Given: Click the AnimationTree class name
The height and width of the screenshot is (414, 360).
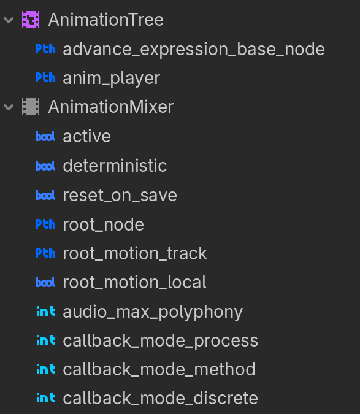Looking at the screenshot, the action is coord(106,20).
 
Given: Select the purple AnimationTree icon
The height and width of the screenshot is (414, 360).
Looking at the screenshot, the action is coord(31,20).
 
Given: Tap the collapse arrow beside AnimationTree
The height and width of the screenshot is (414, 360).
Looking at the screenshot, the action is coord(9,20).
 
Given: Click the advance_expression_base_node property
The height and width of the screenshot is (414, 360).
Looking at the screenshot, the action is coord(194,50).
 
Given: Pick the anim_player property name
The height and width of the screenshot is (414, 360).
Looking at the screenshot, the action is coord(112,79).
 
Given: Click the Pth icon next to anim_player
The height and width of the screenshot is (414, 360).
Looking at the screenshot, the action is coord(45,78).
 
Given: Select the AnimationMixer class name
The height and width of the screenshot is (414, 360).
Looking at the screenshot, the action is coord(111,107).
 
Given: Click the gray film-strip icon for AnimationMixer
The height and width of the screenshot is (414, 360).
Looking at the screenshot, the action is coord(31,107).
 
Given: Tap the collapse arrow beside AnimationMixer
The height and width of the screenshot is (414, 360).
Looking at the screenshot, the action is coord(9,107).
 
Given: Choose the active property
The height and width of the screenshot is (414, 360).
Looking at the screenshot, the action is coord(87,136).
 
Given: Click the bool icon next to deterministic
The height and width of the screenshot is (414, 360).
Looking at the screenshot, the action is coord(45,166).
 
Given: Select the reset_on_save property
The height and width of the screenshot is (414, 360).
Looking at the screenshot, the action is coord(120,196).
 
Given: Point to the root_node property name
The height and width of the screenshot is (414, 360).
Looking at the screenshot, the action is coord(103,224).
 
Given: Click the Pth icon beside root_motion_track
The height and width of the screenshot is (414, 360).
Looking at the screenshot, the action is coord(45,253).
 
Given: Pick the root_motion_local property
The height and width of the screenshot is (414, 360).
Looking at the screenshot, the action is coord(134,282).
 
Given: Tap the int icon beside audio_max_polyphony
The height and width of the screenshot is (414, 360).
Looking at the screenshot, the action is coord(46,312).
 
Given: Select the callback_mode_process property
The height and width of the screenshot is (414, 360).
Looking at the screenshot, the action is coord(161,341).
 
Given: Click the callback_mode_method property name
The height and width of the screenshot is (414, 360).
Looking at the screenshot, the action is coord(159,369).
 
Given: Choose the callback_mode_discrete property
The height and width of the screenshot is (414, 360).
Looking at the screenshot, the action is coord(161,398).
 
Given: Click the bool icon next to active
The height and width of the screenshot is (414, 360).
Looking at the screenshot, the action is coord(45,137).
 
